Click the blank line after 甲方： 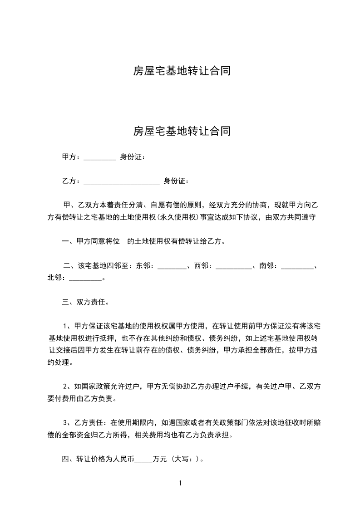[x=100, y=159]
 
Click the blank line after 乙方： [x=122, y=182]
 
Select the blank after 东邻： [x=172, y=267]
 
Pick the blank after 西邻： [x=233, y=267]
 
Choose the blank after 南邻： [x=297, y=267]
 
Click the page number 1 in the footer [x=180, y=483]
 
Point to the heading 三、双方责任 [x=85, y=302]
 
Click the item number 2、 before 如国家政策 [x=67, y=387]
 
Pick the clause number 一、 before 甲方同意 [x=66, y=241]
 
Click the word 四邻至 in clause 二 [x=116, y=266]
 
